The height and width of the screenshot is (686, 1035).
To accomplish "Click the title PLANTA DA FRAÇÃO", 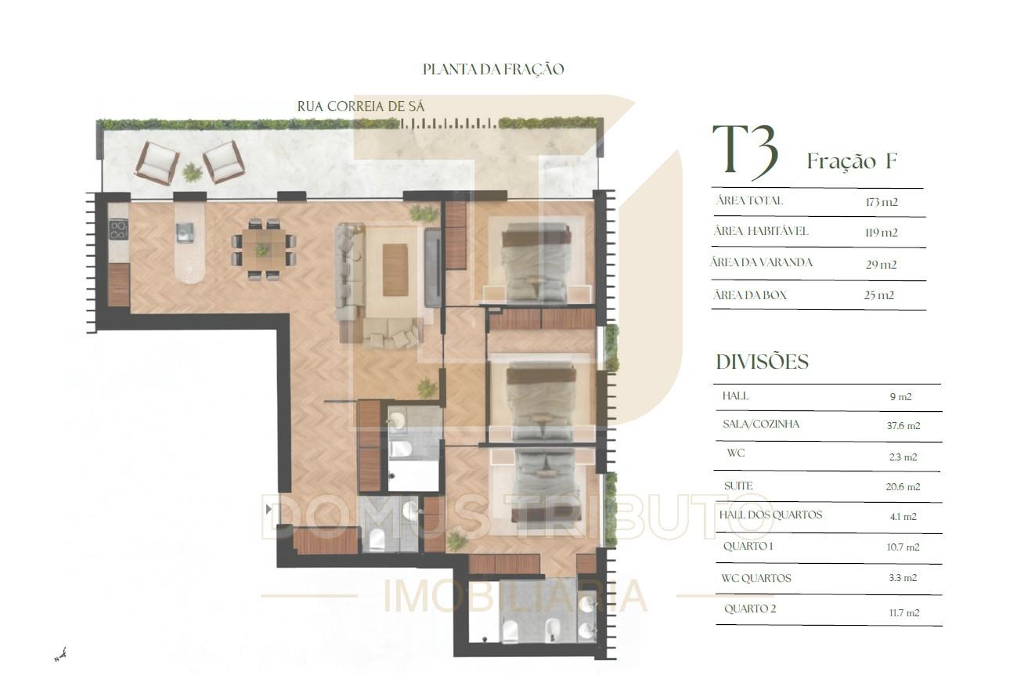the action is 493,70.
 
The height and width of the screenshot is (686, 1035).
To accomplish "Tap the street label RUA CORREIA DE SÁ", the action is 361,107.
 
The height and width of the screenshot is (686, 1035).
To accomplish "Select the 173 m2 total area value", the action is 882,202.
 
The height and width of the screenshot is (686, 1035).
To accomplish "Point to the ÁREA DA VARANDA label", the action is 762,262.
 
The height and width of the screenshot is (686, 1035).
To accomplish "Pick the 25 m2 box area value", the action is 879,295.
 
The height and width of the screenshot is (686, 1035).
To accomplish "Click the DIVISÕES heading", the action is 763,362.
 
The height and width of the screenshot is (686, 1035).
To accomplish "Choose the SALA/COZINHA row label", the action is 761,424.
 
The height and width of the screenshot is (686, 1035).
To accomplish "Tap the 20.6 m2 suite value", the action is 903,487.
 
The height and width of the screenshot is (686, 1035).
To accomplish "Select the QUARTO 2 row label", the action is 750,608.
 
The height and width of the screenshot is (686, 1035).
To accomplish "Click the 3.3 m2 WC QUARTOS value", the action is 903,578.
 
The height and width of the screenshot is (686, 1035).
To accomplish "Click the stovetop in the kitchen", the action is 118,229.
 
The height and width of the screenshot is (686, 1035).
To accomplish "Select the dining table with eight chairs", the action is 264,249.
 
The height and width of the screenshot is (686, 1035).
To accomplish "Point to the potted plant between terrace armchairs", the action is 192,172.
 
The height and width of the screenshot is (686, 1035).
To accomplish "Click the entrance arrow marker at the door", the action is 269,510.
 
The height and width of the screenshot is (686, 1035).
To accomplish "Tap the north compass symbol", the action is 60,655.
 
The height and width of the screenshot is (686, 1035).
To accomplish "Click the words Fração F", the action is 852,161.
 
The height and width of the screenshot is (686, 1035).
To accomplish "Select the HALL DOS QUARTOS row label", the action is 770,515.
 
